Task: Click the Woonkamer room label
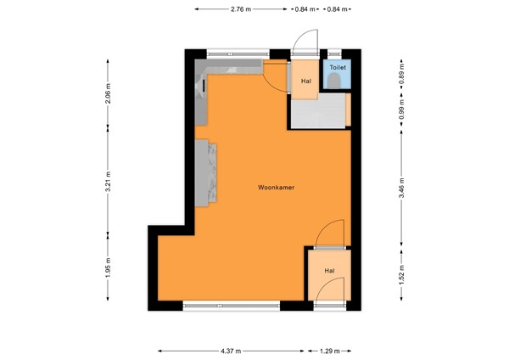(x=276, y=188)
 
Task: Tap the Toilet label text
(x=338, y=65)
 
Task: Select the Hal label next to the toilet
(x=306, y=82)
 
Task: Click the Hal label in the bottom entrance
(x=327, y=271)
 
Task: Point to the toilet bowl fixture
(x=338, y=80)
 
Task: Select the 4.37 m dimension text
(x=231, y=350)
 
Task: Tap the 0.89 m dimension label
(x=401, y=76)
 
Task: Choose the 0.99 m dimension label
(x=401, y=108)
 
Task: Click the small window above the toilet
(x=338, y=52)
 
